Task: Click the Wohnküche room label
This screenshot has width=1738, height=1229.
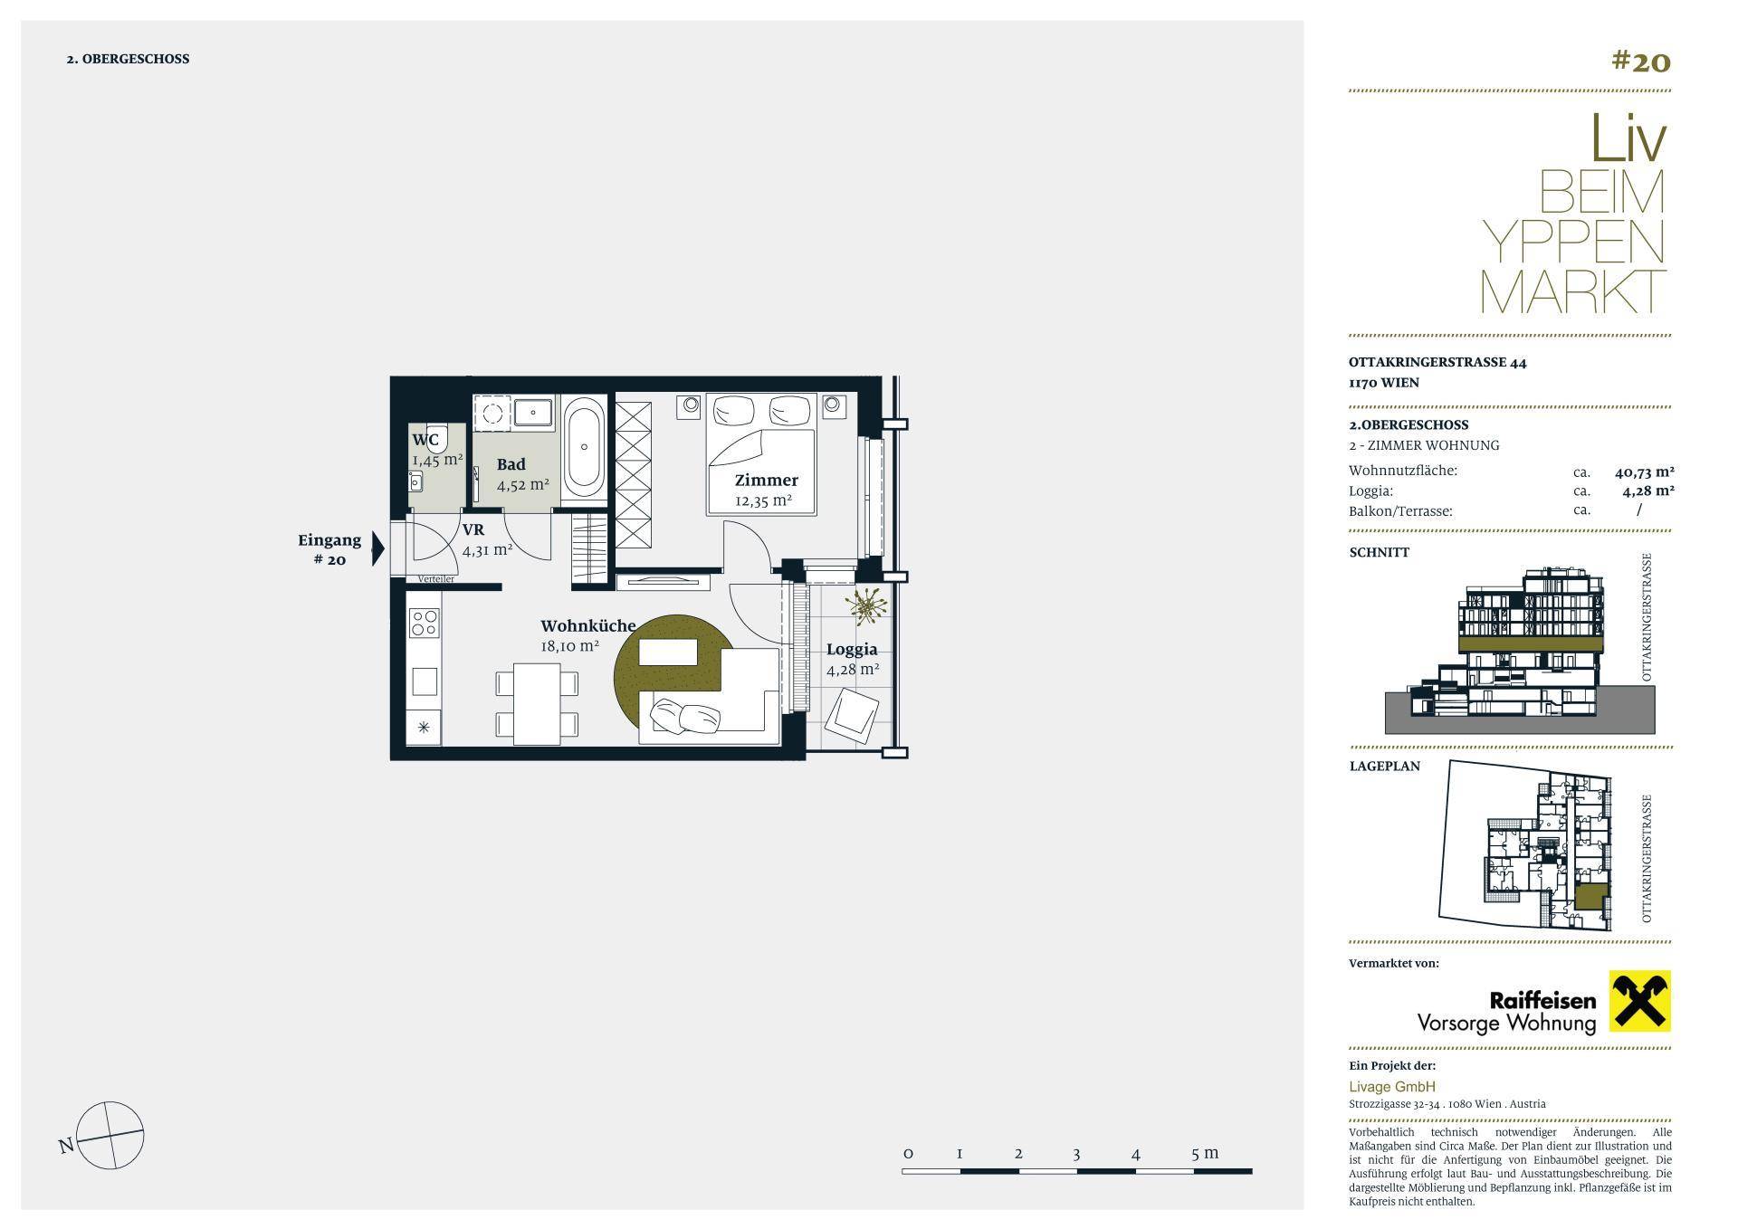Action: click(587, 625)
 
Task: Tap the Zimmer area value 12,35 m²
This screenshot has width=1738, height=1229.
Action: click(763, 500)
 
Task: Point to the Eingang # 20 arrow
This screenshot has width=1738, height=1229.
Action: click(378, 548)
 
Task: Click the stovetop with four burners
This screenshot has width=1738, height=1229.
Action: click(424, 623)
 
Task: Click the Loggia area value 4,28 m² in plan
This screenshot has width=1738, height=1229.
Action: click(853, 670)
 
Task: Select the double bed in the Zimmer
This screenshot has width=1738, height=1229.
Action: click(761, 453)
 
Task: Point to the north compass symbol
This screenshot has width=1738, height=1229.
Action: click(110, 1135)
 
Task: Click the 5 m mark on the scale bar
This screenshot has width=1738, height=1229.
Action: click(1204, 1153)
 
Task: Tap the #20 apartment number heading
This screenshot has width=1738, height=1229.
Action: click(1640, 61)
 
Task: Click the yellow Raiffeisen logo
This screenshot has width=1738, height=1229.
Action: click(1639, 1002)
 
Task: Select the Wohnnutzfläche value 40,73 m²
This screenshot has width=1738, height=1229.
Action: click(1644, 472)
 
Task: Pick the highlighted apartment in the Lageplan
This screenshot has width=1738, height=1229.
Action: click(1588, 898)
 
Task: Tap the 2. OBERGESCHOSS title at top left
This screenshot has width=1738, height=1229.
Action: click(128, 59)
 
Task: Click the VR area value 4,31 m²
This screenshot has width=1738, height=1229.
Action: click(488, 549)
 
